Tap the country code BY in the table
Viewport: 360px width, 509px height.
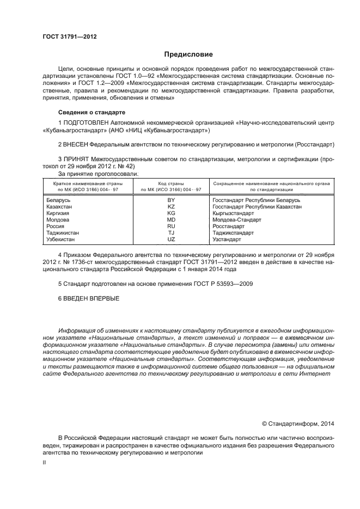click(171, 200)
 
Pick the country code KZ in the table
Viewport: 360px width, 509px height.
click(171, 207)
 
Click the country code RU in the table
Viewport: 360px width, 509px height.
click(171, 226)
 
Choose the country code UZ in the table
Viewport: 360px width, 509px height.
click(171, 239)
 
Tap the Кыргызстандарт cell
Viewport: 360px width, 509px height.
click(234, 213)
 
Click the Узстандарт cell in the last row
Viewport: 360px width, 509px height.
click(227, 239)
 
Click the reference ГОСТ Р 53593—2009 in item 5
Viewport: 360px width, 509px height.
click(223, 284)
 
